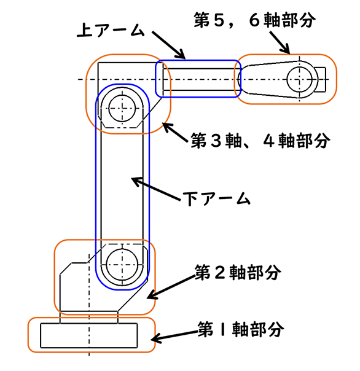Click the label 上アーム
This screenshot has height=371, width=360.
(x=111, y=30)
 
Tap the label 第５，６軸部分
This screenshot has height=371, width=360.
(x=255, y=20)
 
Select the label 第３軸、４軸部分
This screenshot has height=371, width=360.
(x=260, y=141)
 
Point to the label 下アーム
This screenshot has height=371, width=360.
(x=217, y=199)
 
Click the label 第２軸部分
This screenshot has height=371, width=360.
(x=238, y=272)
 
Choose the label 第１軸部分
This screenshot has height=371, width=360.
(x=241, y=329)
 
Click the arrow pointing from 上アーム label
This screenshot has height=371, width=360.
(x=168, y=45)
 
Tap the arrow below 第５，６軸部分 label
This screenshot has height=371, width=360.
(x=280, y=42)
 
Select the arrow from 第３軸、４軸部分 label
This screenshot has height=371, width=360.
(x=175, y=133)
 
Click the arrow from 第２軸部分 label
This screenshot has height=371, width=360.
(x=171, y=287)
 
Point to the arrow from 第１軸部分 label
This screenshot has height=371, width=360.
(x=174, y=337)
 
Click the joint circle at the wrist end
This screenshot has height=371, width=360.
(x=299, y=79)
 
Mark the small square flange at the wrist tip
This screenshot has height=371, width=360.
(x=320, y=80)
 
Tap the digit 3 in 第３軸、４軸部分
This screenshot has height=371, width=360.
(x=216, y=141)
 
